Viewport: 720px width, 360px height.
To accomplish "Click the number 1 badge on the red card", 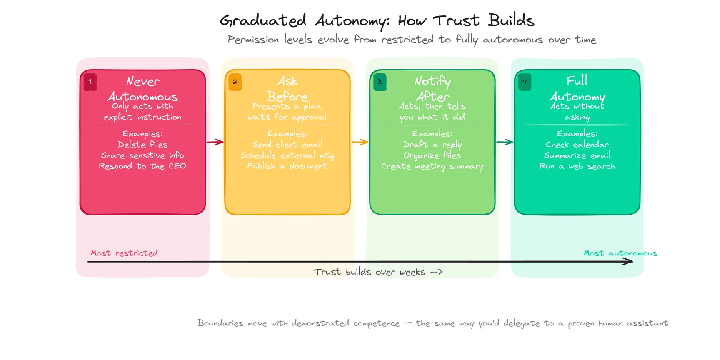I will [x=90, y=82].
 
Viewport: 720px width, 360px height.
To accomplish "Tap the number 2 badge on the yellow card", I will [x=235, y=82].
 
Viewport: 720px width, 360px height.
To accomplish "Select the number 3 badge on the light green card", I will [x=380, y=82].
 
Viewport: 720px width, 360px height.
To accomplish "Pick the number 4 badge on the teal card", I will [x=525, y=82].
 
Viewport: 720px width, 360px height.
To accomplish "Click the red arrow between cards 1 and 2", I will [x=215, y=142].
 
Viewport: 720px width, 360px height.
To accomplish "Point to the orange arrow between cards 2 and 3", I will [x=360, y=142].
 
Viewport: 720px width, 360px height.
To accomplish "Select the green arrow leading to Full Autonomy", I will [x=505, y=142].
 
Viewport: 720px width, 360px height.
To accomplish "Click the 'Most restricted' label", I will [x=124, y=253].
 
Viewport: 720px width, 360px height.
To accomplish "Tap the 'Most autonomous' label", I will [x=620, y=253].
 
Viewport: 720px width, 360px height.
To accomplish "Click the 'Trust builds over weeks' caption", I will [x=377, y=272].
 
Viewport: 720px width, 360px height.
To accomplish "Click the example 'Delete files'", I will [x=142, y=145].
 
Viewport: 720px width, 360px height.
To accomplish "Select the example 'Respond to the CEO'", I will [x=142, y=166].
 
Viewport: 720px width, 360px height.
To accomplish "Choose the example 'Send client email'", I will [x=287, y=145].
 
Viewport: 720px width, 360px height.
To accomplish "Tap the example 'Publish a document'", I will [x=287, y=166].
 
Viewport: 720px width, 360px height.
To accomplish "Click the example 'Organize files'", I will [x=432, y=155].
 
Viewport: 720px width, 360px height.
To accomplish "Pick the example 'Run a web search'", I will [x=577, y=166].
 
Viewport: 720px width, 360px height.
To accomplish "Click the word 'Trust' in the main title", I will [x=456, y=20].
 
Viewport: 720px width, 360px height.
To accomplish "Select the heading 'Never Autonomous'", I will [x=142, y=89].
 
